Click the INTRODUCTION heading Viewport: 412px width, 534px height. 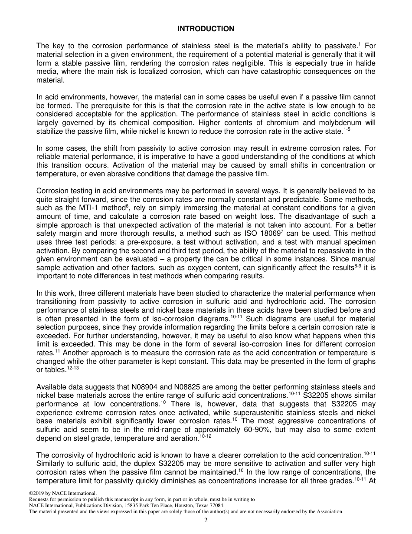[206, 29]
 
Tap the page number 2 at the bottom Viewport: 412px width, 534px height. [206, 521]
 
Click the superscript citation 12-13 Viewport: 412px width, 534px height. [74, 368]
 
